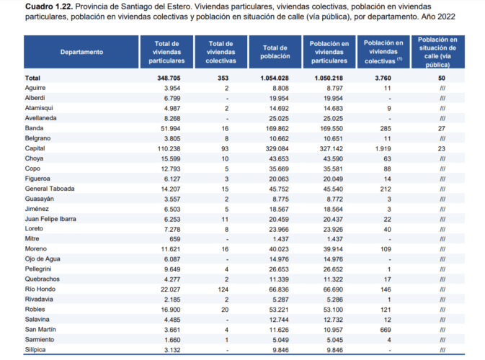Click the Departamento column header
(81, 52)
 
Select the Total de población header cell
(275, 52)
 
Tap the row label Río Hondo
(40, 289)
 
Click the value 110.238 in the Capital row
(169, 148)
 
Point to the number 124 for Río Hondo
(223, 289)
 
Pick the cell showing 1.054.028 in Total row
(275, 78)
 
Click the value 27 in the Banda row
(441, 129)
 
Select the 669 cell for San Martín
(386, 330)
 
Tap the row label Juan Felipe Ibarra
(50, 219)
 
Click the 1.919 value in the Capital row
(383, 148)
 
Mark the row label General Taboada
(50, 189)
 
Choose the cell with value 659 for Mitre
(175, 239)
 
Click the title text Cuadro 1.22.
(49, 6)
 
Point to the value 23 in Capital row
(441, 148)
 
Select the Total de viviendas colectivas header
(221, 53)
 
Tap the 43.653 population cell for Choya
(277, 159)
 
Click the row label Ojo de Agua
(43, 259)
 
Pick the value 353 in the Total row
(223, 78)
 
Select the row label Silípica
(35, 350)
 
